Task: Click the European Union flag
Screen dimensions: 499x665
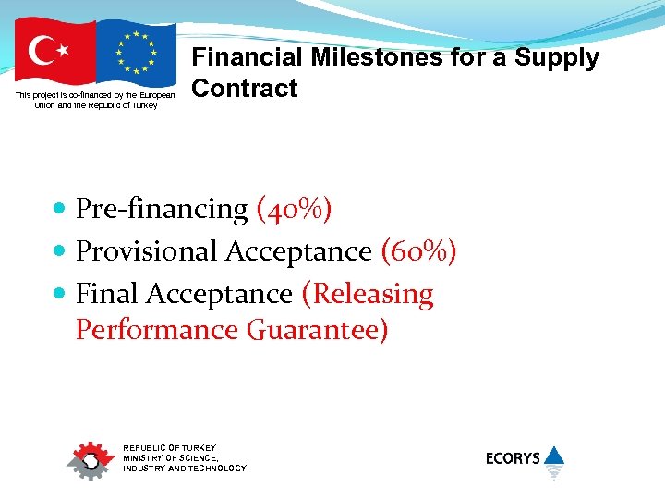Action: [x=136, y=52]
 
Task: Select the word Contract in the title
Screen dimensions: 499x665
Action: [x=244, y=90]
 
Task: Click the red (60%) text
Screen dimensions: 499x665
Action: [x=418, y=251]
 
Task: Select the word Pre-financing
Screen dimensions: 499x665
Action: [x=162, y=209]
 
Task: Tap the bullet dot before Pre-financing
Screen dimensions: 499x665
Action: [x=60, y=209]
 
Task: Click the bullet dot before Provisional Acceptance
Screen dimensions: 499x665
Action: [x=60, y=251]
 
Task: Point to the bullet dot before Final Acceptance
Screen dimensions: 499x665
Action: [x=60, y=294]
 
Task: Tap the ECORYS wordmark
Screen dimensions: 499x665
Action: [x=513, y=458]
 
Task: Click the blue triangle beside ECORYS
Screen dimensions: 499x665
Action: [x=553, y=456]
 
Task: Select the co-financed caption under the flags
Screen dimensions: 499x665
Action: [x=95, y=101]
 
